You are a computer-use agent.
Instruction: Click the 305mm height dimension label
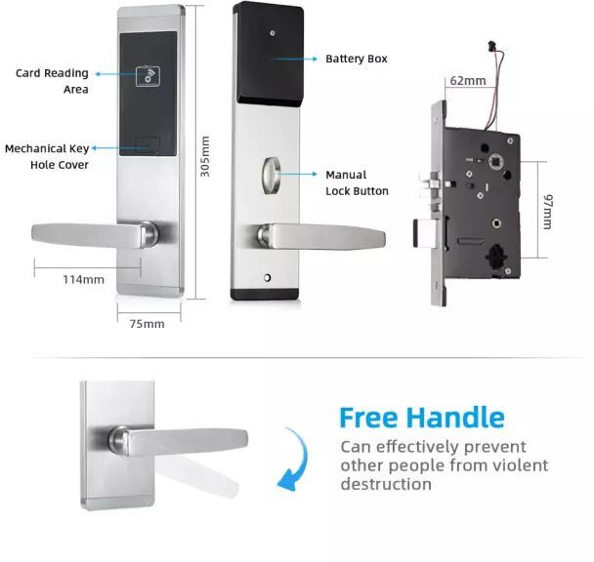point(205,156)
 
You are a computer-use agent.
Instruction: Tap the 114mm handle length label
point(83,280)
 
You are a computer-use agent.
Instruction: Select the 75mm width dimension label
point(147,324)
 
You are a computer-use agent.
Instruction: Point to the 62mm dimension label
point(468,81)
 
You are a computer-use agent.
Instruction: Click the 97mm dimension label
point(548,212)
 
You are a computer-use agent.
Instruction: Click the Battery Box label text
point(357,59)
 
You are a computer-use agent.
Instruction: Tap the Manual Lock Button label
point(357,182)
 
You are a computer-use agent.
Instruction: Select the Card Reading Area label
point(52,81)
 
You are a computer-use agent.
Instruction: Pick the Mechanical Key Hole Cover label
point(47,157)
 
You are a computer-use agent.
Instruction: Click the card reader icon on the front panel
point(148,76)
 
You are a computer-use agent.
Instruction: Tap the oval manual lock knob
point(271,176)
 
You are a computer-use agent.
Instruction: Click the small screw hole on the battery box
point(273,33)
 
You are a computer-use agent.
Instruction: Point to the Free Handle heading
point(422,418)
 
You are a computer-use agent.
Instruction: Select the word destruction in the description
point(386,484)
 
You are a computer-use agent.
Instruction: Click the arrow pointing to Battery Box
point(295,60)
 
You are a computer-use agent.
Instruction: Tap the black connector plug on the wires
point(492,45)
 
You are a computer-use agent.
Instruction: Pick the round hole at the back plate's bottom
point(267,278)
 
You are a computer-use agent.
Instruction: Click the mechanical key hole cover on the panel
point(148,144)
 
